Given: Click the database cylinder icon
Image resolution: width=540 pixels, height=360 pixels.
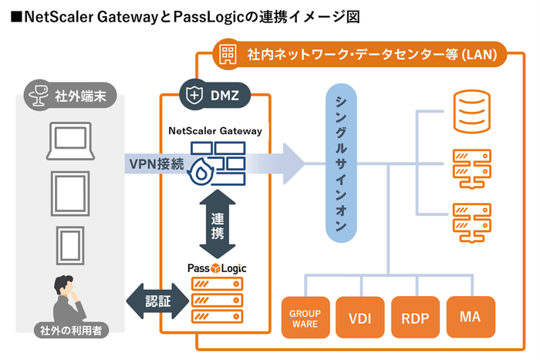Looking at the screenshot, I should coord(470,111).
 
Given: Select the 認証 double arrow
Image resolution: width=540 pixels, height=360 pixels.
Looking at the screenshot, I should coord(157,298).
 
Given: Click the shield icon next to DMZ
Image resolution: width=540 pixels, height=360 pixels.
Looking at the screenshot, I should coord(193,96).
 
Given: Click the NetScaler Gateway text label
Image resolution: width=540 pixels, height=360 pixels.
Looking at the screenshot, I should coord(215,131).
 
